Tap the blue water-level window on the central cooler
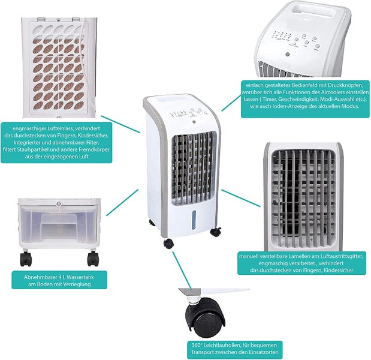click(194, 220)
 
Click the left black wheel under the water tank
click(26, 259)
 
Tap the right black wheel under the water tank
click(93, 259)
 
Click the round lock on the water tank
click(58, 203)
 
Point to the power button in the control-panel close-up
click(288, 55)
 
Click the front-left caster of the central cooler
click(168, 244)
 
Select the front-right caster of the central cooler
click(216, 232)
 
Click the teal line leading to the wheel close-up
click(182, 270)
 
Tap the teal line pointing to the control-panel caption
click(231, 103)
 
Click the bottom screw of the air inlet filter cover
click(59, 117)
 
